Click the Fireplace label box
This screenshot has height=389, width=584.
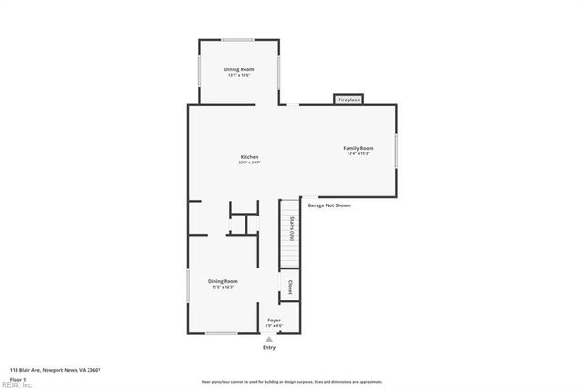(349, 100)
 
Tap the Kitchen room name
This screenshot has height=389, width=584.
(249, 157)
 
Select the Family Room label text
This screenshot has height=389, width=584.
(358, 148)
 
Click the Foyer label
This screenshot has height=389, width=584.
(274, 321)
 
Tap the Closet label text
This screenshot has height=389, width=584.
(290, 286)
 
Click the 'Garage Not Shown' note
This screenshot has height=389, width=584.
(328, 205)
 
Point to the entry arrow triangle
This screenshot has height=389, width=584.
(269, 339)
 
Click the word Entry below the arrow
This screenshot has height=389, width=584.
(269, 347)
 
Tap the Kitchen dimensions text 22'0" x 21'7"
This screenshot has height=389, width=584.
(249, 163)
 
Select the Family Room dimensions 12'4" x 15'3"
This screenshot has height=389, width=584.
(358, 153)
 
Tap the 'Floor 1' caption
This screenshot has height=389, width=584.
(16, 378)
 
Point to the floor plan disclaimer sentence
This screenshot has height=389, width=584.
(292, 382)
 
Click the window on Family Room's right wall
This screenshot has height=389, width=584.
(396, 150)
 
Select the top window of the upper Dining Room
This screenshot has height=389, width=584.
(238, 39)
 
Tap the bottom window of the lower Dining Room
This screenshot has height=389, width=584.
(221, 333)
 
